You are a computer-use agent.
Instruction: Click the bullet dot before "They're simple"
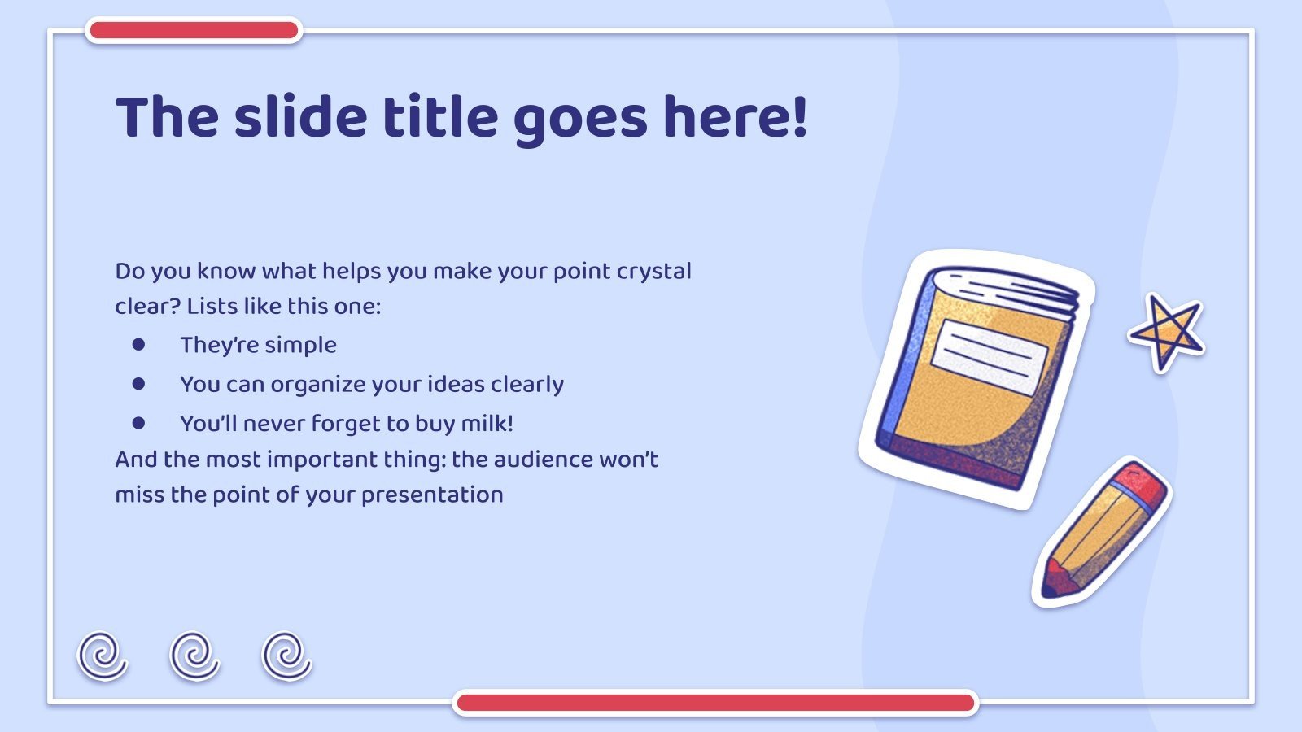click(x=138, y=345)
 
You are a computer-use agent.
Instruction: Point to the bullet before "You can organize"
click(x=138, y=383)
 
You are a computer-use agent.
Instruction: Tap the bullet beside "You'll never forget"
click(x=138, y=423)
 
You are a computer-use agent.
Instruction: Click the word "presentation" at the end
click(x=432, y=495)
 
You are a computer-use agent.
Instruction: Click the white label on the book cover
click(x=990, y=358)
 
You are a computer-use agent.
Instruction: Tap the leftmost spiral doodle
click(x=103, y=656)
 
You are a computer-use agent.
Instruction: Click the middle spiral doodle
click(x=194, y=656)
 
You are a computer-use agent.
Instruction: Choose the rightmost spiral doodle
click(x=286, y=656)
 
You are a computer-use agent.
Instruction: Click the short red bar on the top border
click(x=194, y=30)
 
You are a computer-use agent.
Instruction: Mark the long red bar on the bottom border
click(x=715, y=703)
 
